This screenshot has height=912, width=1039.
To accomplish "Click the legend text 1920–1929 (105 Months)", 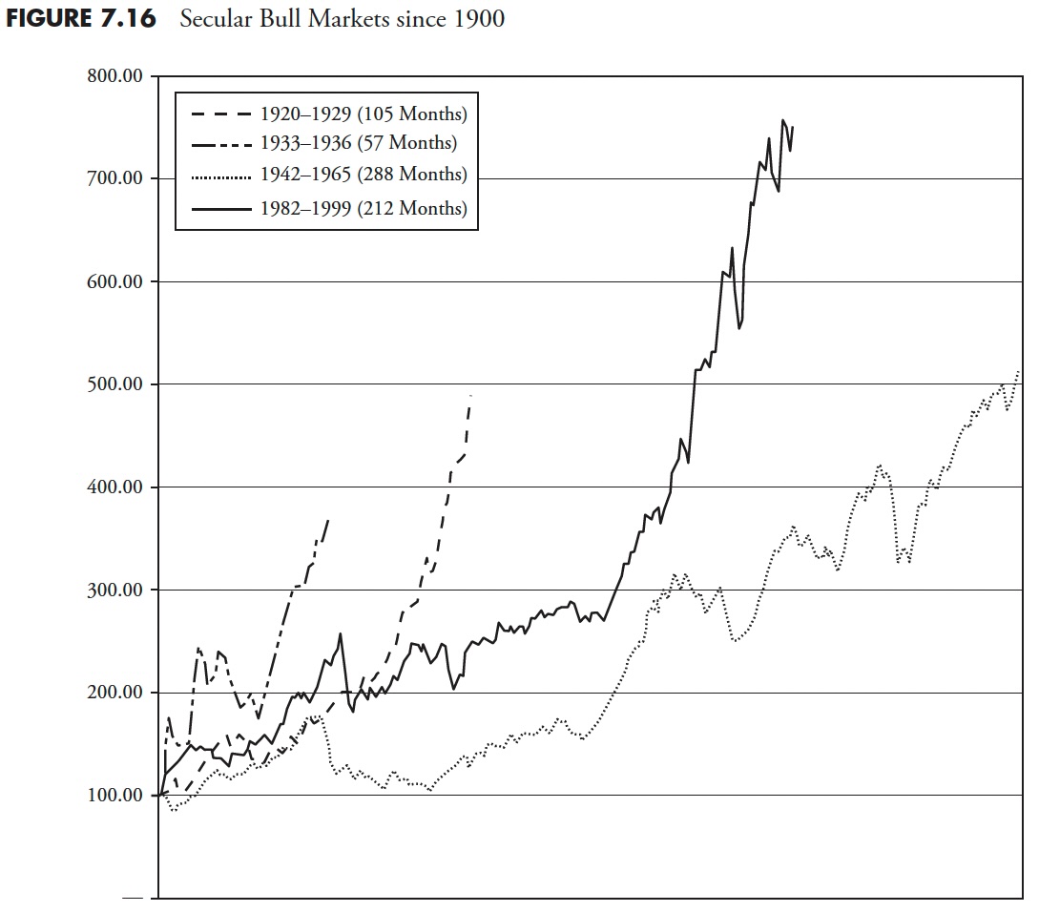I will click(x=364, y=114).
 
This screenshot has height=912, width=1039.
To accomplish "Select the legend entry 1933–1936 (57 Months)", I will click(x=359, y=144).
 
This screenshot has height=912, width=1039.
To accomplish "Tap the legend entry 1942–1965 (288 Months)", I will click(x=364, y=175).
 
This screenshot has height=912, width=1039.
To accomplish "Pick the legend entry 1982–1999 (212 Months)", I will click(x=364, y=208).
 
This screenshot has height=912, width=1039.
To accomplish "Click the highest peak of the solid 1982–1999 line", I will click(x=783, y=120).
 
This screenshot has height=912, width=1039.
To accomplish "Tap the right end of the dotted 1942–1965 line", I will click(x=1019, y=370).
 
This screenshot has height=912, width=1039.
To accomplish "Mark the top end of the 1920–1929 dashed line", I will click(x=470, y=395).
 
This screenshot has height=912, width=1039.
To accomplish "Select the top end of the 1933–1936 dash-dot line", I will click(x=328, y=520).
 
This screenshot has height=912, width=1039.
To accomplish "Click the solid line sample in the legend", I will click(x=221, y=208).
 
